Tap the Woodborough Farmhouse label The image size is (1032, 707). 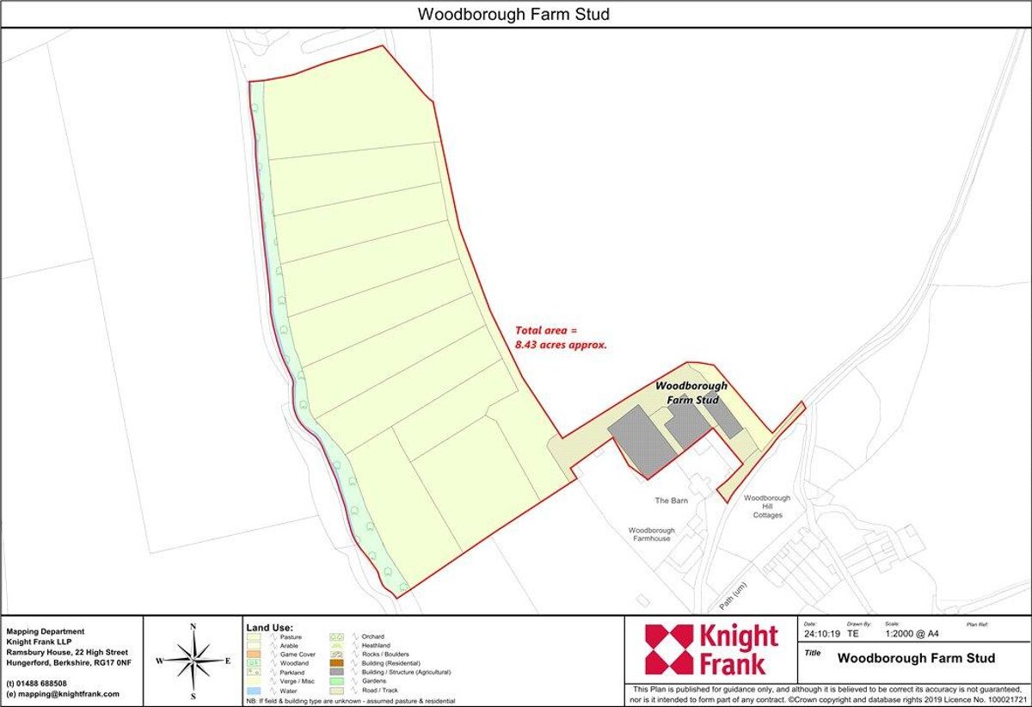coord(651,534)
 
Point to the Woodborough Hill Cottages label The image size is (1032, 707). coord(767,506)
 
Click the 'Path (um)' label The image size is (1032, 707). coord(734,592)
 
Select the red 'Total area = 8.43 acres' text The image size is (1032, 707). coord(561,336)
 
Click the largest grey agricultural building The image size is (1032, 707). coord(642,440)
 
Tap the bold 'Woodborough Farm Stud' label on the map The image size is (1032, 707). coord(691,392)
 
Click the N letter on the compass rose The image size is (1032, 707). coord(193,627)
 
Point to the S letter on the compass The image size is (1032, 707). coord(193,696)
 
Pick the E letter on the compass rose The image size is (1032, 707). coord(227,661)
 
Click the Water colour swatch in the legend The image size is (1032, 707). coord(253,691)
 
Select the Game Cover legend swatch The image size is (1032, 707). coord(253,655)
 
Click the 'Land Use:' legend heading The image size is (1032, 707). coord(270,628)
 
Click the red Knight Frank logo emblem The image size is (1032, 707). coord(668,649)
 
